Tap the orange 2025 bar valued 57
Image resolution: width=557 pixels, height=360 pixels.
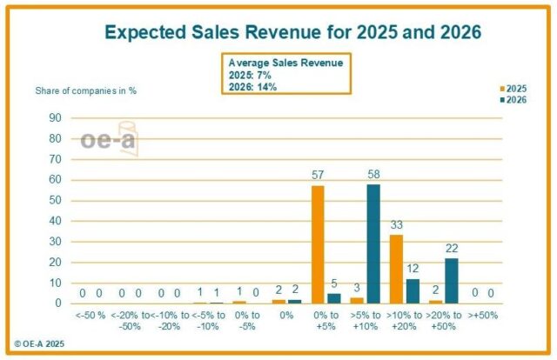(x=318, y=244)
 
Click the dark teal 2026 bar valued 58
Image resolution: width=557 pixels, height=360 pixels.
(x=373, y=243)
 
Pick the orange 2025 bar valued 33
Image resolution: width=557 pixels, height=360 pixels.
(x=396, y=269)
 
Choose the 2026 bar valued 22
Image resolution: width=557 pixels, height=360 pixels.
(x=451, y=280)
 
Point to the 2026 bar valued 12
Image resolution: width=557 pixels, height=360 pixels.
(x=412, y=290)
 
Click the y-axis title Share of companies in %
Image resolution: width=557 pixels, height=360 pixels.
(x=85, y=90)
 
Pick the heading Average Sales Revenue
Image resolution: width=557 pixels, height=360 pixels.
(x=285, y=63)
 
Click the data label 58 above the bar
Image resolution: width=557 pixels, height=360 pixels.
(x=373, y=176)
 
